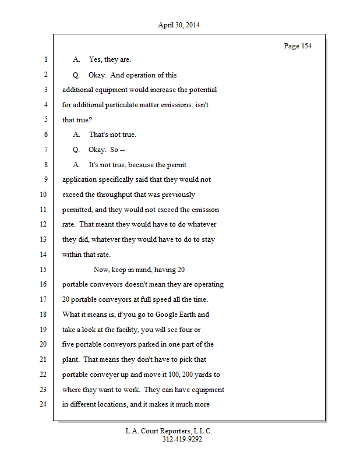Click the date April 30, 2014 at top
coord(179,25)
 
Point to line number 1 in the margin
coord(44,59)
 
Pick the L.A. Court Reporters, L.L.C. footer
coord(169,431)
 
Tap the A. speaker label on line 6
coord(76,135)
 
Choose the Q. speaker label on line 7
coord(76,150)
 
